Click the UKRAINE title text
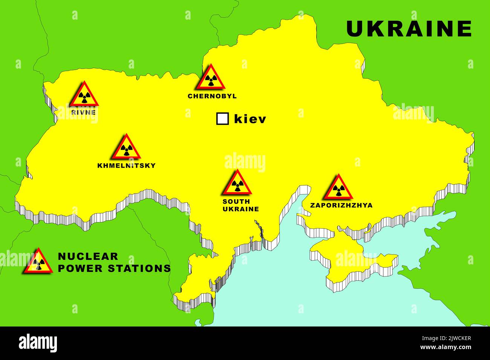click(409, 29)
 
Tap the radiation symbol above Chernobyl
click(210, 78)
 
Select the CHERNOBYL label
click(212, 96)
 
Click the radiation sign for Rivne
click(84, 95)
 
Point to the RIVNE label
click(83, 112)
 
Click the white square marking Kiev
click(222, 119)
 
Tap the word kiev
click(250, 119)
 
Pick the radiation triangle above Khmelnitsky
click(126, 148)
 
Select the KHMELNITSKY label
click(126, 165)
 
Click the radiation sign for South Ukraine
click(236, 183)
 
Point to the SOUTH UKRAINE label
click(240, 205)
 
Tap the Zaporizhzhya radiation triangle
click(338, 188)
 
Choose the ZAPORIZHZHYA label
click(341, 205)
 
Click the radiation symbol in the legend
click(38, 262)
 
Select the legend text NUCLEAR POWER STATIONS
click(114, 262)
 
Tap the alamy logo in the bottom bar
click(38, 343)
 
